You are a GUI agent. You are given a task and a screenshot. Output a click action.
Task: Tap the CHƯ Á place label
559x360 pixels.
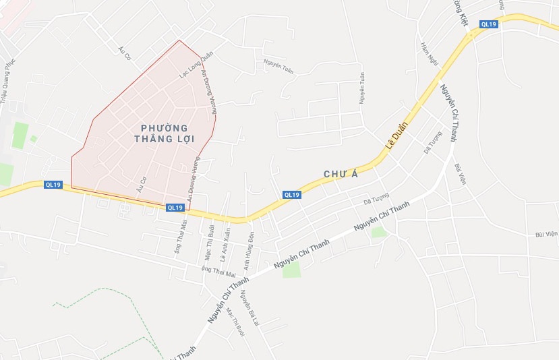340,174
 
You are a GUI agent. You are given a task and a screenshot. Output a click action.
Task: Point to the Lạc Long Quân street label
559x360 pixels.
196,65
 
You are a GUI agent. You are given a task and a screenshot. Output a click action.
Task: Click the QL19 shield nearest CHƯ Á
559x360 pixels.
291,195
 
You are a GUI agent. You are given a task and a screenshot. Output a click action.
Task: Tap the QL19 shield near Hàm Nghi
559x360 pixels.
489,24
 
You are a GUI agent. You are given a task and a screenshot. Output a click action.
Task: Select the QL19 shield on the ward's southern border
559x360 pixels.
174,208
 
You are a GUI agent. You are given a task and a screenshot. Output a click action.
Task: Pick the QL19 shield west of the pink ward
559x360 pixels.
53,185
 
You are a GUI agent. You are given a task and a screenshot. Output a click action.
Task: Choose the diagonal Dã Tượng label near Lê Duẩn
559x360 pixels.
433,146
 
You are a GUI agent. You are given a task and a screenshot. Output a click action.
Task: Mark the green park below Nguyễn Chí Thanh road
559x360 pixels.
291,270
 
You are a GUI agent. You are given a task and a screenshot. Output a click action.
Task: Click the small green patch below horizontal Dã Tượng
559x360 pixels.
378,232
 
